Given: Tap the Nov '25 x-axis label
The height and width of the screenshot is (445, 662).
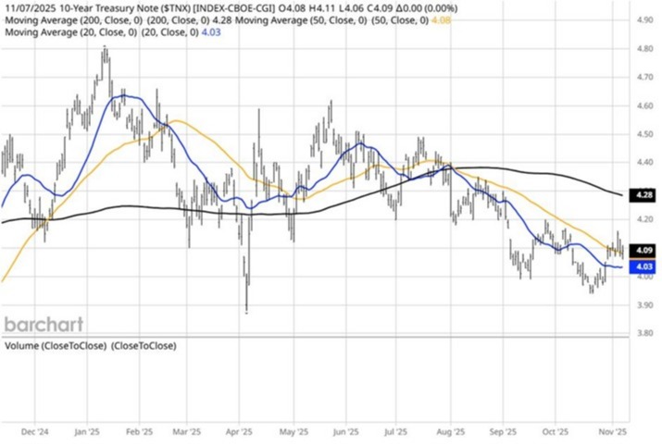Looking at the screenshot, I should coord(611,431).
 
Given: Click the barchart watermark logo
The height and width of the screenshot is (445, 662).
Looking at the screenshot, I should coord(44,325).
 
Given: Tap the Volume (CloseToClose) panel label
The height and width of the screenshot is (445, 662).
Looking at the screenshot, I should coord(91,346).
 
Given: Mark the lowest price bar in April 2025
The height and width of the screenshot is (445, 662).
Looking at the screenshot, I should coord(246,311).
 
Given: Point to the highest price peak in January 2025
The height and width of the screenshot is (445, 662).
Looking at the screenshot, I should coord(105,48).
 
